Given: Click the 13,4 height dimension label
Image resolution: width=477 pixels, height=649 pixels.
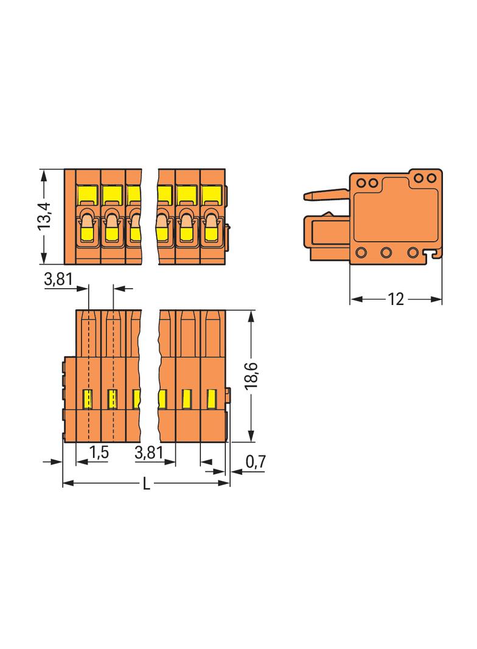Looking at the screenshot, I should click(x=44, y=216).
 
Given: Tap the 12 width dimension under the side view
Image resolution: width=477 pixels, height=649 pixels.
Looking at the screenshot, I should click(x=395, y=300).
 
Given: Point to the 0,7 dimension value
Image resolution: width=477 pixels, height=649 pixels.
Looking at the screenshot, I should click(x=256, y=462).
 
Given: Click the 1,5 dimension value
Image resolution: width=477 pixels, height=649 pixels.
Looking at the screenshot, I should click(x=99, y=452).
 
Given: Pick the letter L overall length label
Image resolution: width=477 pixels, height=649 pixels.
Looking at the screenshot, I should click(x=147, y=484).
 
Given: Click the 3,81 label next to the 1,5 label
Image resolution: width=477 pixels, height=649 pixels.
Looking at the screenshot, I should click(x=148, y=452).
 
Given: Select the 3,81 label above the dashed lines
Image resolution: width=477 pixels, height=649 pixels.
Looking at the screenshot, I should click(x=58, y=280).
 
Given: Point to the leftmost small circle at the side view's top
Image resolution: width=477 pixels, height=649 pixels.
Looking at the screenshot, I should click(x=360, y=182).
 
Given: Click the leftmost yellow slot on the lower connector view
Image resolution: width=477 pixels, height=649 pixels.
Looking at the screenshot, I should click(x=88, y=399).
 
